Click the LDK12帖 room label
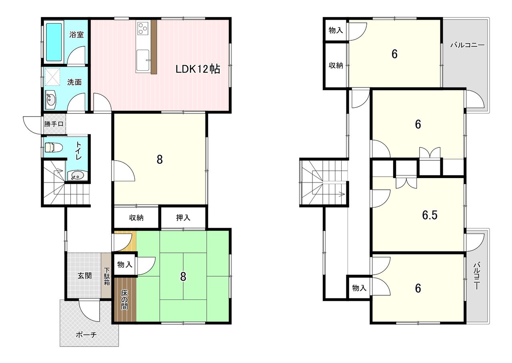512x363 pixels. tap(198, 69)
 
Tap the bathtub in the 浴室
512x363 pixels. tap(54, 42)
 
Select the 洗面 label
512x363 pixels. tap(74, 82)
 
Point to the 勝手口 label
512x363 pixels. tap(54, 124)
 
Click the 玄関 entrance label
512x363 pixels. tap(84, 276)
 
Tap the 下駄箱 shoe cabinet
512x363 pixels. tap(106, 276)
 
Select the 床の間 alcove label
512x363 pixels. tap(124, 300)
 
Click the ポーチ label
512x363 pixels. tap(86, 335)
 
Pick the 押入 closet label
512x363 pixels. tap(183, 218)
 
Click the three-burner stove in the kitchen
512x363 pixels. tap(143, 28)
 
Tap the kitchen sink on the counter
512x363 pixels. tap(143, 60)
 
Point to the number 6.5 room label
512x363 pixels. tap(430, 215)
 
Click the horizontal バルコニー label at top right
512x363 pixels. tap(468, 45)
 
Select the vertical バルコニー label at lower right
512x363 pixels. tap(476, 276)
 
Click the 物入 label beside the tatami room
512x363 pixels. tap(125, 265)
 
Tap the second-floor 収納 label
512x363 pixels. tap(336, 65)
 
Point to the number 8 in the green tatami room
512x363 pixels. tap(183, 277)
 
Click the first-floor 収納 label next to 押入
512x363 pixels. tap(136, 218)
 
